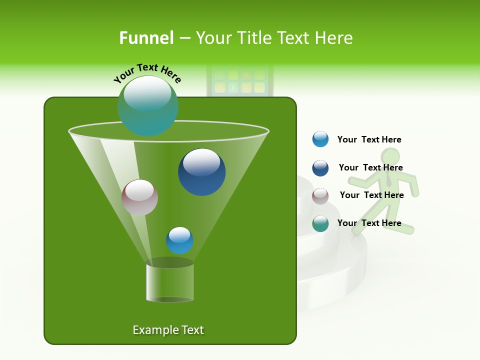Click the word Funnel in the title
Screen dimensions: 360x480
(146, 38)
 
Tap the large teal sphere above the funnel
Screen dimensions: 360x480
(147, 105)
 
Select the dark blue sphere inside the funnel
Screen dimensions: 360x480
(201, 172)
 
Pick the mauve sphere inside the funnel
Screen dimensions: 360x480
(139, 197)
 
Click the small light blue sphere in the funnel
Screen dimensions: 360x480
(179, 240)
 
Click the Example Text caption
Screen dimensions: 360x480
(168, 330)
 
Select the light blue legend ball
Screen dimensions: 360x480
(320, 139)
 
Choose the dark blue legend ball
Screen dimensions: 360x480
(320, 168)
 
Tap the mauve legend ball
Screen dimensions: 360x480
(320, 196)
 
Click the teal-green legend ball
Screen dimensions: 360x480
(320, 223)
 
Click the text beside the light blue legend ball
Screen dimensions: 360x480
(369, 139)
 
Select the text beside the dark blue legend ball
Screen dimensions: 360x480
(370, 167)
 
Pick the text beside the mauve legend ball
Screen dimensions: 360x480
(371, 195)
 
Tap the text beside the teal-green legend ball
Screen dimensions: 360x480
(369, 223)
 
